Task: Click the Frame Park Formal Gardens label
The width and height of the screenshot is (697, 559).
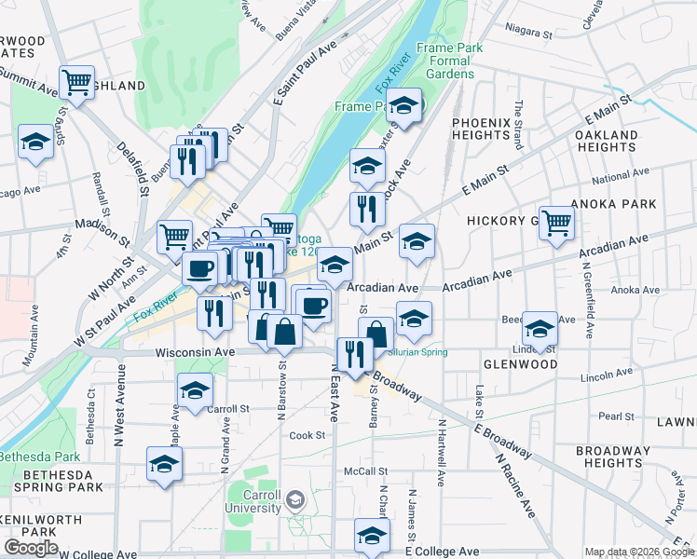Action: [445, 61]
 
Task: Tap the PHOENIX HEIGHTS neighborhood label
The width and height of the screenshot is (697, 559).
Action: [481, 129]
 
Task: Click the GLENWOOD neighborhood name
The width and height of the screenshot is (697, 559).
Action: [520, 364]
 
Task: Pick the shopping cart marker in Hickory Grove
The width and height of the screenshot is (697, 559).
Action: [556, 223]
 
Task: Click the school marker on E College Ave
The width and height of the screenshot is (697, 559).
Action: [372, 536]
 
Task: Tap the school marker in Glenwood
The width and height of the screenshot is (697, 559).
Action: [539, 328]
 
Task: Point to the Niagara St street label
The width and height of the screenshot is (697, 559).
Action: [526, 32]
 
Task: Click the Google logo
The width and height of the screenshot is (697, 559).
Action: [30, 548]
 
